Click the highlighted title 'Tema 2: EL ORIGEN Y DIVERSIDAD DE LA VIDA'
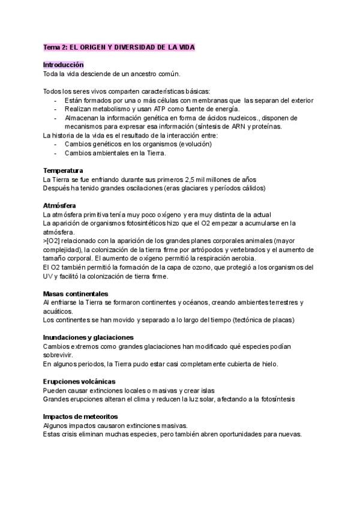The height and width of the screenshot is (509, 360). (x=119, y=47)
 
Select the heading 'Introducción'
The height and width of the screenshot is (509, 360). (x=64, y=64)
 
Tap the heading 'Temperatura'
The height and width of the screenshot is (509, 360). (x=63, y=171)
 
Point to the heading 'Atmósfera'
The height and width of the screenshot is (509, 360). (x=60, y=206)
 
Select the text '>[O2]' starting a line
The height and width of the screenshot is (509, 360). (x=52, y=241)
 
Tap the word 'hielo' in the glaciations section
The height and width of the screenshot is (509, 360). (x=269, y=364)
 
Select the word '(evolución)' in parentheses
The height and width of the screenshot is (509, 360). (x=182, y=144)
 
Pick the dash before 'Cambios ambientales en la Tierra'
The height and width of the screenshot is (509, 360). (x=55, y=153)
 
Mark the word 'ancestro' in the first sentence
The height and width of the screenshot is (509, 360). (x=139, y=73)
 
